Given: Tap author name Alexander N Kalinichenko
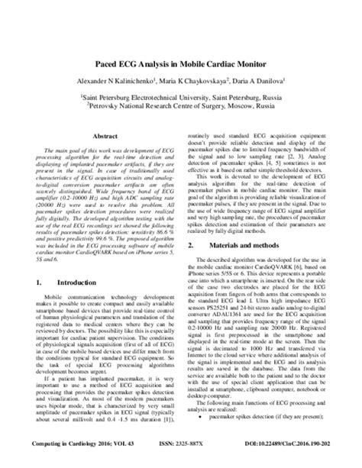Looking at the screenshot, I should pos(115,80).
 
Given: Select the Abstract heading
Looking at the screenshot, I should pos(104,136).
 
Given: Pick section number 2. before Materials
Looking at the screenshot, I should pos(190,202).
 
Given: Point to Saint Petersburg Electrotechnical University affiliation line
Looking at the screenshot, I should pos(183,98).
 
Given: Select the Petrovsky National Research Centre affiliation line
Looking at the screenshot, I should pos(183,108).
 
